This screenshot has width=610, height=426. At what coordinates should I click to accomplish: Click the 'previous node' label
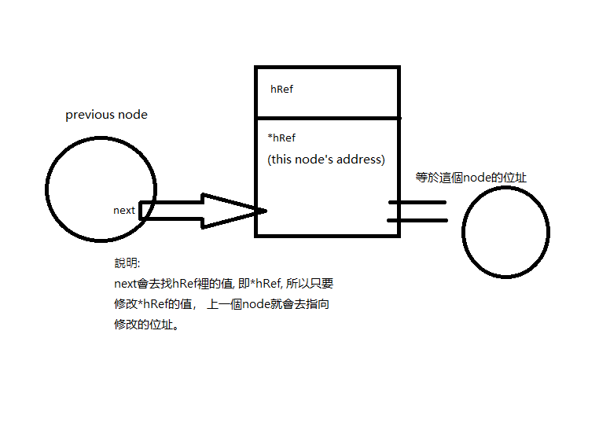click(x=106, y=115)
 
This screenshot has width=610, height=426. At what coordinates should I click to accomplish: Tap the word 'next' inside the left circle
click(x=124, y=210)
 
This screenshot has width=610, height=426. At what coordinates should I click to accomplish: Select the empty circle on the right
click(x=505, y=232)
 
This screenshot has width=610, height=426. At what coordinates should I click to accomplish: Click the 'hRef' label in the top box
click(x=281, y=89)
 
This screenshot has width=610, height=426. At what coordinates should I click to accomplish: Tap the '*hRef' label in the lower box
click(x=281, y=138)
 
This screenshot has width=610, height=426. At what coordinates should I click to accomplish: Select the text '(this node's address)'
click(x=326, y=159)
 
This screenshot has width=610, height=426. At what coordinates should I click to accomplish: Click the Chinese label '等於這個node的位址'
click(x=471, y=178)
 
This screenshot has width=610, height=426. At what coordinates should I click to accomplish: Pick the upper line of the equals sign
click(x=417, y=202)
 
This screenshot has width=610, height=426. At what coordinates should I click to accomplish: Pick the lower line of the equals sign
click(x=417, y=220)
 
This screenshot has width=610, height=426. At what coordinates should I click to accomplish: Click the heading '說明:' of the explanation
click(x=126, y=263)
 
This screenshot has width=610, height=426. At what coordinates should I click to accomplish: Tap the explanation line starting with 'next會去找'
click(x=224, y=283)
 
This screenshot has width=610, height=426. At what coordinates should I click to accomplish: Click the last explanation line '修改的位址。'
click(x=146, y=324)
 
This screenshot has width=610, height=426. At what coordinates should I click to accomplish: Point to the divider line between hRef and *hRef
click(x=327, y=119)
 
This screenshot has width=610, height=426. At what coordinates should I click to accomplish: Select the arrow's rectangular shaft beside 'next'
click(x=169, y=211)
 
